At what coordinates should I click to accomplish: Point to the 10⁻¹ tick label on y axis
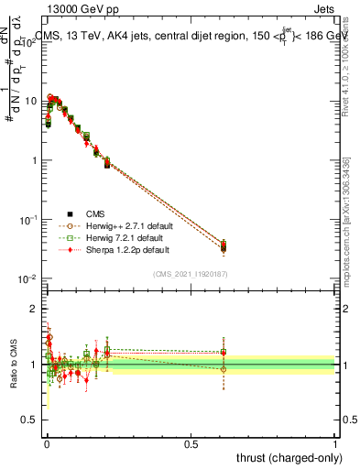click(29, 220)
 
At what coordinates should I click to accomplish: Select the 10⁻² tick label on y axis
click(29, 278)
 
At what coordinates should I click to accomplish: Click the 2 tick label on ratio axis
click(35, 310)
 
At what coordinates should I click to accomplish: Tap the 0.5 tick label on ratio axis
click(31, 420)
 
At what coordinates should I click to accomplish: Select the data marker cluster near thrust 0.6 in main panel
click(223, 245)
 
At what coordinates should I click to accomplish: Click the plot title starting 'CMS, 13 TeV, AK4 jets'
click(192, 37)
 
